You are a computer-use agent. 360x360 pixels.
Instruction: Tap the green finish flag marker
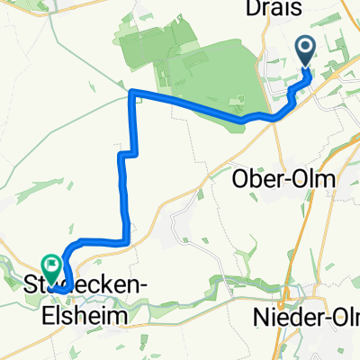point(52,267)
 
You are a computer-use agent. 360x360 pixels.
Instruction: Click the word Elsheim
point(77,317)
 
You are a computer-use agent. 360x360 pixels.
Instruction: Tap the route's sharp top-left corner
point(132,93)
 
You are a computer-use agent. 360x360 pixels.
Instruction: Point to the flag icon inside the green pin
point(52,265)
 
